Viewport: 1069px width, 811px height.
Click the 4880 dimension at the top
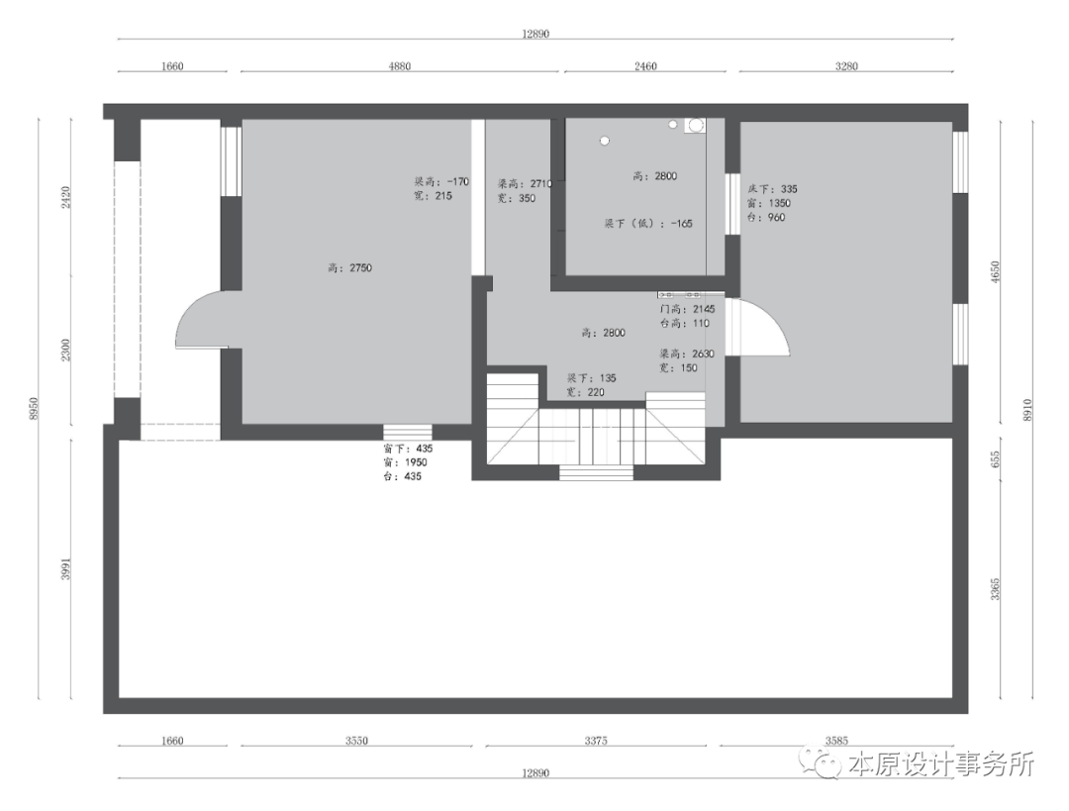[x=399, y=66]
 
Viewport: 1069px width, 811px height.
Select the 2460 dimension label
[x=644, y=66]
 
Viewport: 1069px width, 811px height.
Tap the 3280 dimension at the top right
[x=845, y=66]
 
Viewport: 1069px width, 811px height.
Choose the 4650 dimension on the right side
[x=996, y=272]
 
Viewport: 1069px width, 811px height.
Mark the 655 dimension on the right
[x=996, y=458]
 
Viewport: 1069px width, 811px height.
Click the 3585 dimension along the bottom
[x=837, y=740]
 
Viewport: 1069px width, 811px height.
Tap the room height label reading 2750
[x=349, y=267]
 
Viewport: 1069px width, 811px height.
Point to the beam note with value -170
[x=441, y=182]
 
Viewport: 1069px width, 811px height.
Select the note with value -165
[x=648, y=224]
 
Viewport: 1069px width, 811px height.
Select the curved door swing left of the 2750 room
[x=199, y=320]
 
